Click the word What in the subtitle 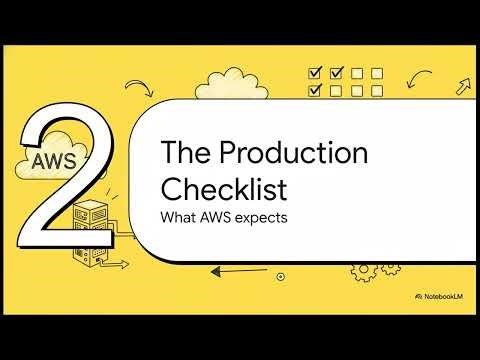click(x=179, y=217)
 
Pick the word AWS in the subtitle click(x=217, y=217)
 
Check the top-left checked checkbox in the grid click(x=315, y=73)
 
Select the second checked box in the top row click(x=335, y=73)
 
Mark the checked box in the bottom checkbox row click(x=315, y=91)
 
